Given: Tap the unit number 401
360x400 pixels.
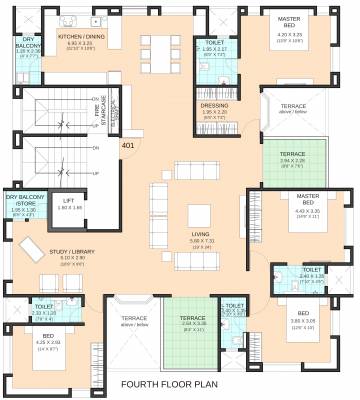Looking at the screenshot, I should coord(128,146).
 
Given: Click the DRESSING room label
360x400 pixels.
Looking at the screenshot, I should coord(214,105).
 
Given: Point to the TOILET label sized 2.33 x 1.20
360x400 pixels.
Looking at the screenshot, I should coord(44,307).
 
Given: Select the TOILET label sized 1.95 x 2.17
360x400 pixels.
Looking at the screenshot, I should coord(213,42).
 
